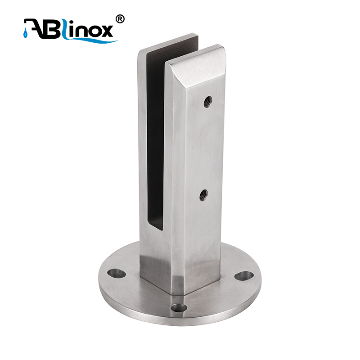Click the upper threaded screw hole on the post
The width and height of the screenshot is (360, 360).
coord(208,102)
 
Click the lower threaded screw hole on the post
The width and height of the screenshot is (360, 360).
coord(203,195)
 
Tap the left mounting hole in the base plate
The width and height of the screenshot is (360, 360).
coord(117,273)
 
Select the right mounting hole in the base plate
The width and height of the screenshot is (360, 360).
coord(244,276)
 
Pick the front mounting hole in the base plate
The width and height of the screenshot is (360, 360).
coord(179,308)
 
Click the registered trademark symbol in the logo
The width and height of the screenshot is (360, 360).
coord(120,19)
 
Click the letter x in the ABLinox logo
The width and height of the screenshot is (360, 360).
coord(107,31)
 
